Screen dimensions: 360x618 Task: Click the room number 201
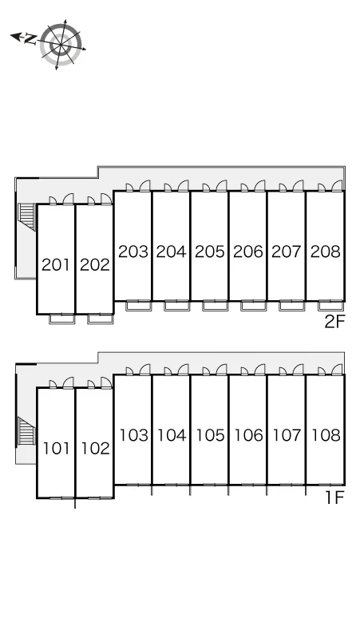[x=56, y=265]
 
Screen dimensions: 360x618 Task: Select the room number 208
[x=326, y=251]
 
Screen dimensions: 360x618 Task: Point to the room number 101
[x=56, y=449]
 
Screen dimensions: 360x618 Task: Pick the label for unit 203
[x=133, y=251]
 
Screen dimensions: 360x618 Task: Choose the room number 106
[x=248, y=435]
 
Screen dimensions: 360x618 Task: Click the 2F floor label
[x=334, y=322]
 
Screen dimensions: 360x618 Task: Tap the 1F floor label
[x=334, y=497]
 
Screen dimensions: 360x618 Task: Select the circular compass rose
[x=61, y=44]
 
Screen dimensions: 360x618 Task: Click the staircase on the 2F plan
[x=27, y=216]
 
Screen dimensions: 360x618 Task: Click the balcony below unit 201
[x=61, y=319]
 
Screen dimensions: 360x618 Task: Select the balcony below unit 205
[x=216, y=306]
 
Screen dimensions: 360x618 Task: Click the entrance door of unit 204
[x=183, y=186]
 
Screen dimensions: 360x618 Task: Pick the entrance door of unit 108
[x=337, y=370]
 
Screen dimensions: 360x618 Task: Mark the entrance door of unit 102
[x=106, y=382]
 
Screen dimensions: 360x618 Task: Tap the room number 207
[x=287, y=251]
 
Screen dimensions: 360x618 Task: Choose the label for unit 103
[x=134, y=435]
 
